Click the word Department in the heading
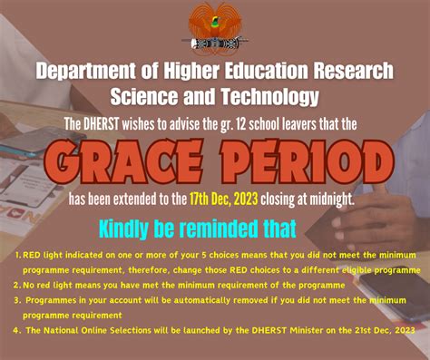point(87,72)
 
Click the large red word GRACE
point(126,162)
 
